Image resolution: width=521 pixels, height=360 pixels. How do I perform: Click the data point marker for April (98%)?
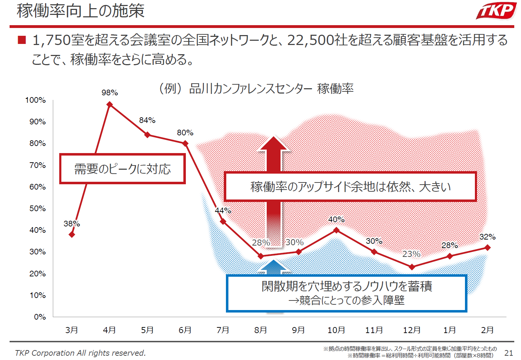click(x=110, y=105)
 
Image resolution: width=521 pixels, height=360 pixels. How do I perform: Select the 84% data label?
click(x=147, y=120)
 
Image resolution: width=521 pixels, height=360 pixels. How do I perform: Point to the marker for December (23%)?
click(x=412, y=267)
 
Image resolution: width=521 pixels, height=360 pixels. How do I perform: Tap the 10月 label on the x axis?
click(x=336, y=330)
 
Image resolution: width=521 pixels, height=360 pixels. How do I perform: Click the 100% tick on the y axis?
click(x=35, y=100)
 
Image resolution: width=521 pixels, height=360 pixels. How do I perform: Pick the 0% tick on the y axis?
click(x=40, y=317)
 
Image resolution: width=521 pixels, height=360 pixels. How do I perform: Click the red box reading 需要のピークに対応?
click(x=122, y=169)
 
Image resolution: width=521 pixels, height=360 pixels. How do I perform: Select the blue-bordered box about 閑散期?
click(x=347, y=293)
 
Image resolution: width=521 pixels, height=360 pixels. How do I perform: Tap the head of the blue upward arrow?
click(x=274, y=266)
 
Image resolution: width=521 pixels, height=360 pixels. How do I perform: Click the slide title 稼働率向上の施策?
click(x=81, y=11)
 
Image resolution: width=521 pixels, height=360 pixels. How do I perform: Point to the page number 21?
click(x=509, y=353)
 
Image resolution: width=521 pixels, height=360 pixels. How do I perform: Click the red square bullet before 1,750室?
click(x=22, y=40)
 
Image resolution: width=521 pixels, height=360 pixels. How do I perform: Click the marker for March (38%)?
click(x=72, y=234)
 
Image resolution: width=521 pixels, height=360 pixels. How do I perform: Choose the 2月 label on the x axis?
click(x=487, y=330)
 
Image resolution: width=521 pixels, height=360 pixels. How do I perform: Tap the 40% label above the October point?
click(x=336, y=220)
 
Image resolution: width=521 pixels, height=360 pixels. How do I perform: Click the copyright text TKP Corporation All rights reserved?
click(x=81, y=353)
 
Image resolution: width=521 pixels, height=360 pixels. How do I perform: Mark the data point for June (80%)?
click(x=185, y=144)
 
